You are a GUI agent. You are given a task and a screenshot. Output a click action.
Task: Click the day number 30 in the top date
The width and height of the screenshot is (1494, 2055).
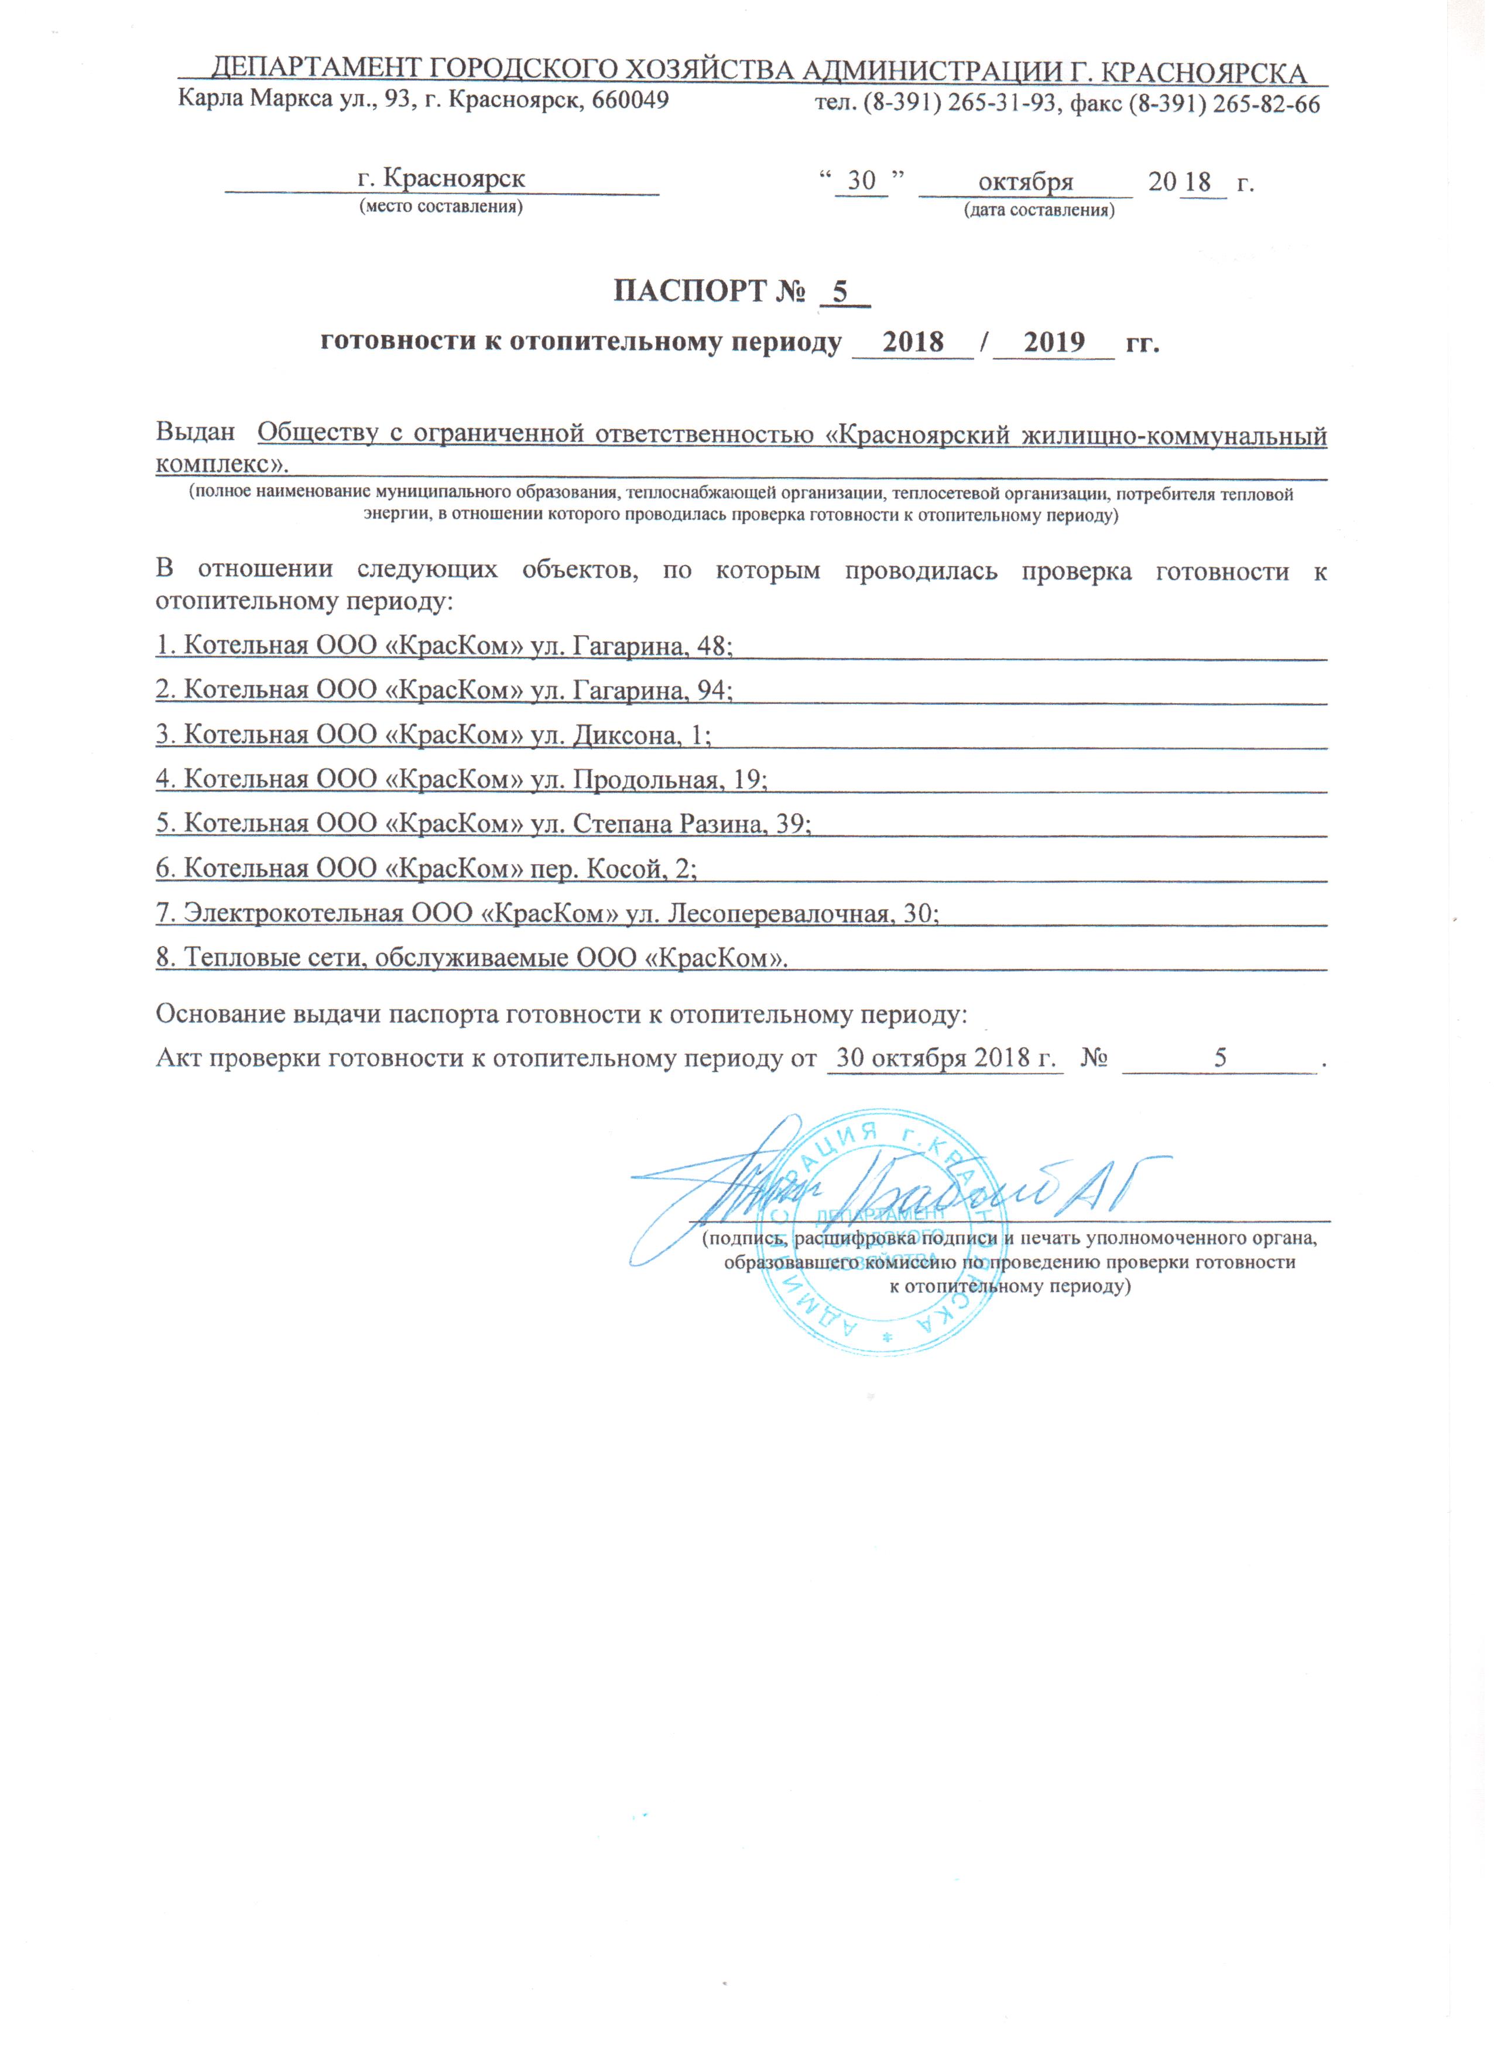(x=861, y=181)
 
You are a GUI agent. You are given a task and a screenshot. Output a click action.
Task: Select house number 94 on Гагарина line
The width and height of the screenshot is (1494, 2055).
(x=714, y=690)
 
